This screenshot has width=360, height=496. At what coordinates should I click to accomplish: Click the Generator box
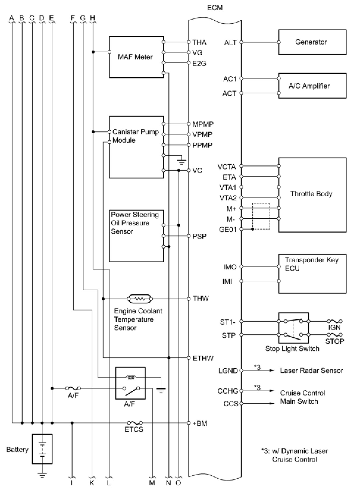(312, 42)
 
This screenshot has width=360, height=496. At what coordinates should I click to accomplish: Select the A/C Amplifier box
(312, 86)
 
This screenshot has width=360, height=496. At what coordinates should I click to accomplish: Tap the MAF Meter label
(135, 57)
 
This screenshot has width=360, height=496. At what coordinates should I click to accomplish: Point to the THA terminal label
(199, 42)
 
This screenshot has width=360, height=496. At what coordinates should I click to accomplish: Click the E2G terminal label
(199, 64)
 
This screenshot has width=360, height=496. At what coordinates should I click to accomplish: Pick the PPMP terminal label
(202, 145)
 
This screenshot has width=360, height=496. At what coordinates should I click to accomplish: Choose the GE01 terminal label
(228, 229)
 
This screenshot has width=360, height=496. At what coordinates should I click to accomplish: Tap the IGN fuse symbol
(335, 321)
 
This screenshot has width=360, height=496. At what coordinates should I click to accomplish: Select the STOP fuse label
(334, 341)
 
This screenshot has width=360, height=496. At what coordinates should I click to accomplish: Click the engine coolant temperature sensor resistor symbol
(140, 299)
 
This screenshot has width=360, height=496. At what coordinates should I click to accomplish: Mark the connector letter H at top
(93, 18)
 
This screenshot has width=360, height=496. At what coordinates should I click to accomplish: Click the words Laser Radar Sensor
(312, 371)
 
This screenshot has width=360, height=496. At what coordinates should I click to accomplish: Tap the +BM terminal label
(200, 423)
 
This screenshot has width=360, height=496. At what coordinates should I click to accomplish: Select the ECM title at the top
(215, 8)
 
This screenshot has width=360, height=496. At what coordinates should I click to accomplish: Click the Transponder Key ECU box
(312, 274)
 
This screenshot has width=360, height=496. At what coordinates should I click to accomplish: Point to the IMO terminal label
(230, 267)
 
